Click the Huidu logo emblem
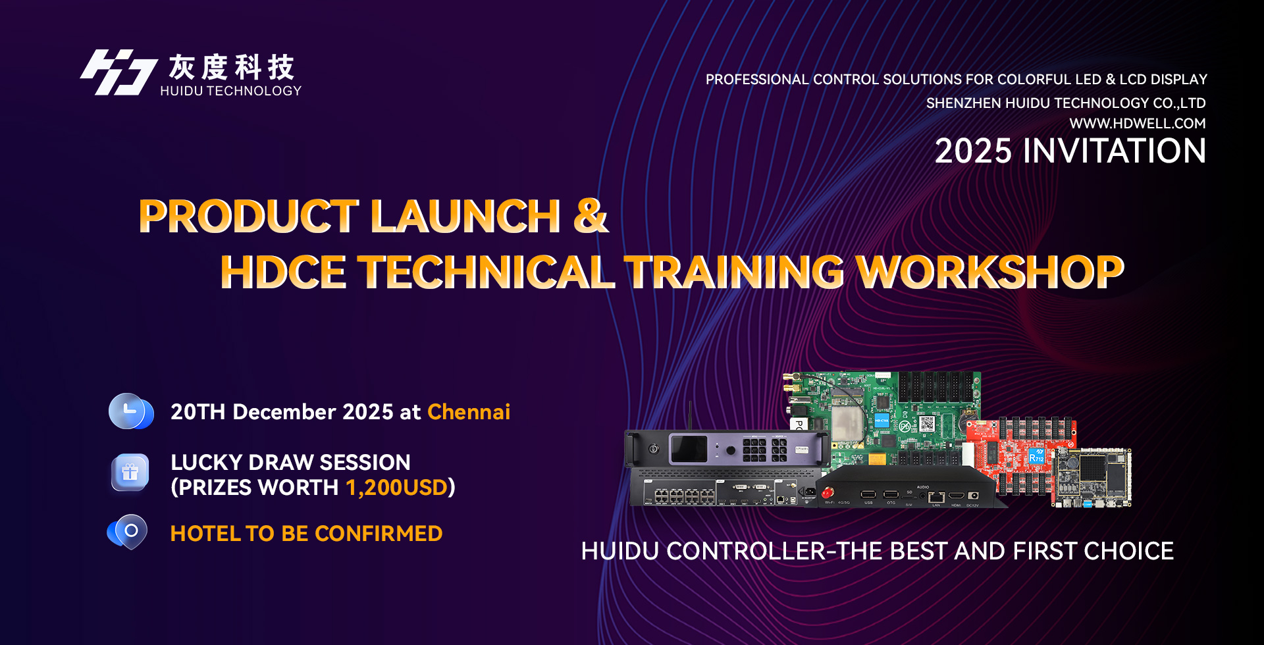click(118, 72)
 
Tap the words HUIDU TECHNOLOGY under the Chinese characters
click(231, 91)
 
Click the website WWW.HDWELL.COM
click(1138, 123)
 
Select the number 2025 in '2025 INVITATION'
click(973, 151)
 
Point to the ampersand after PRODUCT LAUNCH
click(591, 215)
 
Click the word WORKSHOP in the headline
click(990, 272)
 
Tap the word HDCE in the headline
click(284, 272)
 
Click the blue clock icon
click(131, 411)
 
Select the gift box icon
click(130, 473)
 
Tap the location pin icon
click(128, 532)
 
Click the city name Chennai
click(469, 411)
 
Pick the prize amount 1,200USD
click(397, 487)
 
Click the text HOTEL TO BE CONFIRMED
click(306, 533)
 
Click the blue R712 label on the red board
click(1036, 455)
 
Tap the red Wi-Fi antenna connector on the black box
click(828, 492)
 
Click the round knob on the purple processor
click(731, 451)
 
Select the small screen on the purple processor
click(689, 450)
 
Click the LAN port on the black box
click(935, 496)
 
